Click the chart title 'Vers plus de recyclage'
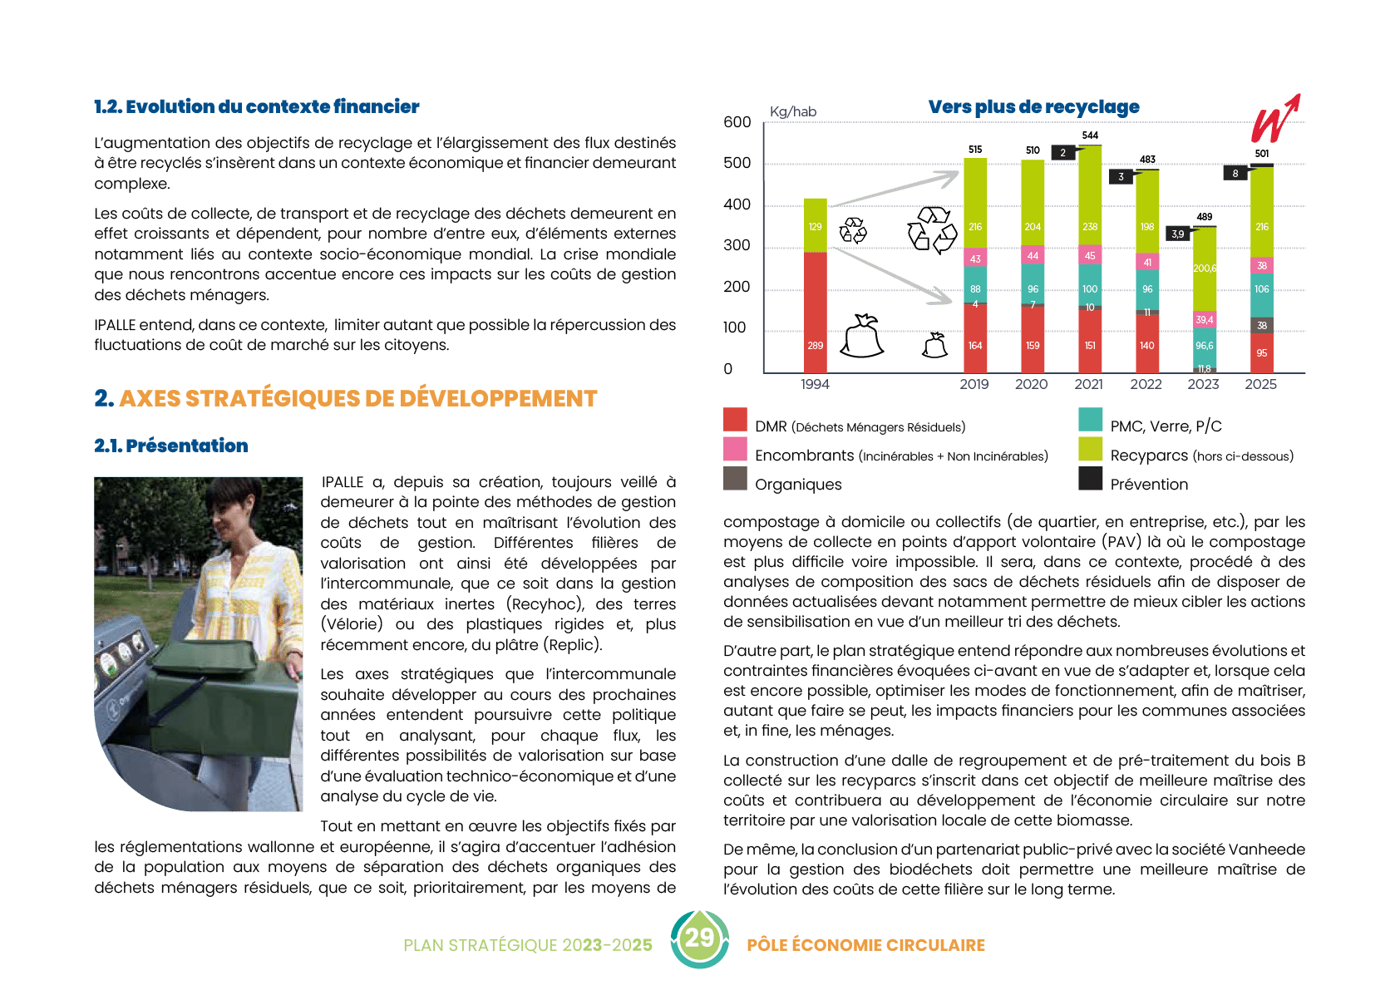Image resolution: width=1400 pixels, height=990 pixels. pyautogui.click(x=1033, y=107)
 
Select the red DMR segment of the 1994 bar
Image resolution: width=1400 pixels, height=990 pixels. pyautogui.click(x=815, y=313)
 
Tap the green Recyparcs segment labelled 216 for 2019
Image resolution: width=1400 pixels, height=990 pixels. pyautogui.click(x=975, y=204)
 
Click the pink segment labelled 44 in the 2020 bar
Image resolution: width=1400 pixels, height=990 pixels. pyautogui.click(x=1033, y=255)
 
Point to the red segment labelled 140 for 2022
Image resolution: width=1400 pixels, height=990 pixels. pyautogui.click(x=1147, y=344)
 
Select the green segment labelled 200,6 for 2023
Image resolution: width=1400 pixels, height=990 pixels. pyautogui.click(x=1205, y=268)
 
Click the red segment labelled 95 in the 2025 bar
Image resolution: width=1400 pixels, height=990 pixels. pyautogui.click(x=1261, y=353)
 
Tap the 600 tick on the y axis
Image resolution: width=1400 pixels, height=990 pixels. pyautogui.click(x=737, y=122)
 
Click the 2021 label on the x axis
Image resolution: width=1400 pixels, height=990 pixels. pyautogui.click(x=1088, y=384)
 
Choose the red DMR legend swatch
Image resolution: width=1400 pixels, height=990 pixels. pyautogui.click(x=735, y=420)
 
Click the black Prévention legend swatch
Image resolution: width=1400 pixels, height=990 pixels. pyautogui.click(x=1091, y=479)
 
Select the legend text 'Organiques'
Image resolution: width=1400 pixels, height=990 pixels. pyautogui.click(x=798, y=485)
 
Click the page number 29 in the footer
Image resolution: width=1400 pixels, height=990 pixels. pyautogui.click(x=699, y=938)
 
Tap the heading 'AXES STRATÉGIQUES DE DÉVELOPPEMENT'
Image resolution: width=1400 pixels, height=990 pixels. pyautogui.click(x=357, y=399)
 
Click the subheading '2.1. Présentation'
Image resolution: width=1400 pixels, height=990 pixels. pyautogui.click(x=171, y=446)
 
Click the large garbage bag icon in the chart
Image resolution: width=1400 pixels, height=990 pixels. pyautogui.click(x=862, y=337)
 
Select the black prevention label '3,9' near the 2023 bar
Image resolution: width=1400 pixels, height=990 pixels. pyautogui.click(x=1178, y=234)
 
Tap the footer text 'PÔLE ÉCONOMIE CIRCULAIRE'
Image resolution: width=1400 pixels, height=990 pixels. pyautogui.click(x=865, y=945)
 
